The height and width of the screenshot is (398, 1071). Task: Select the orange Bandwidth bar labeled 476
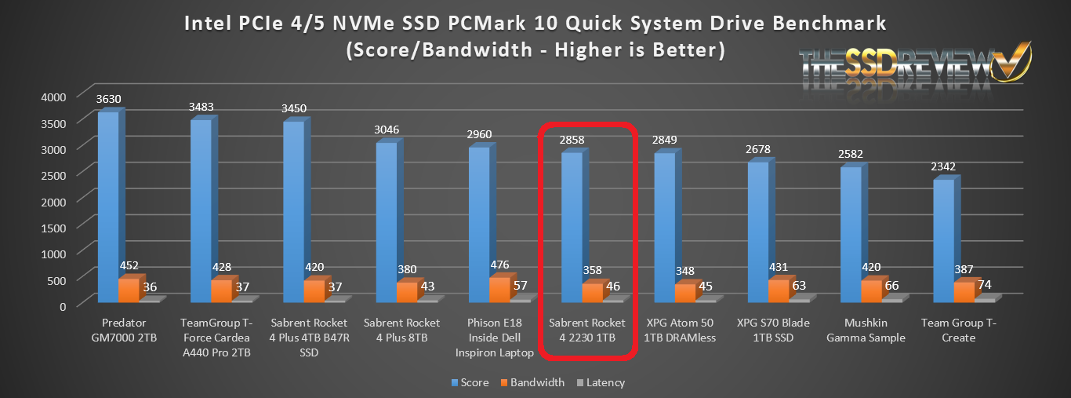[478, 289]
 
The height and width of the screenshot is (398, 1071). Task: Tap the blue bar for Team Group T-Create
[942, 239]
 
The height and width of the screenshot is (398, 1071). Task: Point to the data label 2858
[572, 141]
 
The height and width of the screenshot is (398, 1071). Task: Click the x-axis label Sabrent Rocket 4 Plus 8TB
[401, 330]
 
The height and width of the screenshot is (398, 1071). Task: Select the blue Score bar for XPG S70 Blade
[757, 231]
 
